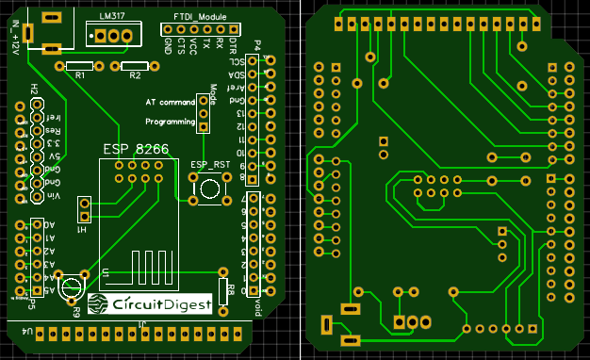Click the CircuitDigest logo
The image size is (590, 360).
click(147, 303)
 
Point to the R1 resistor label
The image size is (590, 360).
click(79, 74)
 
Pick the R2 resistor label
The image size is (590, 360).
click(134, 74)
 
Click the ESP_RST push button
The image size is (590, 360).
click(210, 189)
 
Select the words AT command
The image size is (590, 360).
click(170, 102)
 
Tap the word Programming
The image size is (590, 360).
click(170, 122)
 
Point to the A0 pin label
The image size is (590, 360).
click(49, 225)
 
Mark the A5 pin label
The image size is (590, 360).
click(49, 291)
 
